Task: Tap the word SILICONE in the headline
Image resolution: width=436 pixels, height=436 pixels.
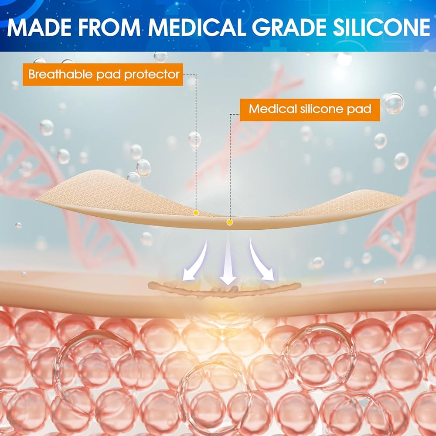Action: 382,27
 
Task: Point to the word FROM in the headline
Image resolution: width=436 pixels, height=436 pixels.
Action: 109,27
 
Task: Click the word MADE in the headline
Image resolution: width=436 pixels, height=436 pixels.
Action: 38,27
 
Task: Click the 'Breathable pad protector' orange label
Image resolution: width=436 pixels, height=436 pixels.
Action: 103,75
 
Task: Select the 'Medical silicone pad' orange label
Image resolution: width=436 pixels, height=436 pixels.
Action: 310,110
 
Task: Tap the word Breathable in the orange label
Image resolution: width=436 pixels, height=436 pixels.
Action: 60,74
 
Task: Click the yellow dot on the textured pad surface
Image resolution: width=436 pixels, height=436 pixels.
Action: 196,213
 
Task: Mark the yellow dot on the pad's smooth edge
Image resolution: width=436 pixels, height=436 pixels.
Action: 229,222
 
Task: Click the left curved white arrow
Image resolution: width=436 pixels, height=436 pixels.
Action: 196,261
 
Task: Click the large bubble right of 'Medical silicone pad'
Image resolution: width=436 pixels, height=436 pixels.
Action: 394,103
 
